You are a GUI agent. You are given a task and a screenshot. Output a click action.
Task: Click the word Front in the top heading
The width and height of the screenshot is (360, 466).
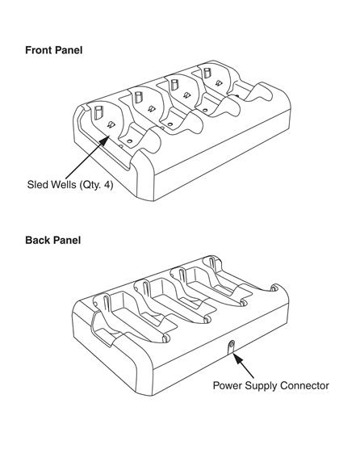tap(37, 50)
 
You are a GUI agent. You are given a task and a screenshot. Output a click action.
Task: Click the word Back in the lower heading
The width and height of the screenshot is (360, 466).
tap(36, 240)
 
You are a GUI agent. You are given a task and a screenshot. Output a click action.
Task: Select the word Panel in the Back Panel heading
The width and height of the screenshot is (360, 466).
tap(65, 240)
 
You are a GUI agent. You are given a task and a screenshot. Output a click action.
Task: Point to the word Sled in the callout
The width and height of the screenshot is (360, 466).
tap(37, 185)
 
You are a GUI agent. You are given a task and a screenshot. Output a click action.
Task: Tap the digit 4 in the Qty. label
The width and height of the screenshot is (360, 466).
tap(108, 185)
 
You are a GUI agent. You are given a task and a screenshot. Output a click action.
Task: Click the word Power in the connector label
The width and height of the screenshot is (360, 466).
tap(228, 386)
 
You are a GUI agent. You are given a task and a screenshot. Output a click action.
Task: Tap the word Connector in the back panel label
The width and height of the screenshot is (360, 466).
tap(304, 386)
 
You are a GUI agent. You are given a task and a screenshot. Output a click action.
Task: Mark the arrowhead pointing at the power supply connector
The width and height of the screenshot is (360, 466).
tap(237, 357)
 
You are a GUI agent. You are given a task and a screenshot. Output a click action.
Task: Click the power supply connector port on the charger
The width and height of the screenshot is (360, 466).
tap(232, 345)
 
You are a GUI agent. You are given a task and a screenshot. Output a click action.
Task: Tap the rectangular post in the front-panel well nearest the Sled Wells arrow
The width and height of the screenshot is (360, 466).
tap(98, 112)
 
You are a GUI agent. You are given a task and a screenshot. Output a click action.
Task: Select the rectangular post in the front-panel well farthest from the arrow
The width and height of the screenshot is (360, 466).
tap(207, 73)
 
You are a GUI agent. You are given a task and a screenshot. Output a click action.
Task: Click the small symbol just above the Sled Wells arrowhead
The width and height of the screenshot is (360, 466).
tap(111, 124)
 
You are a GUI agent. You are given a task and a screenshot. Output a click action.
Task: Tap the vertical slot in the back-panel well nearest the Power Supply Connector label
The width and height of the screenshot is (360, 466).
tap(211, 262)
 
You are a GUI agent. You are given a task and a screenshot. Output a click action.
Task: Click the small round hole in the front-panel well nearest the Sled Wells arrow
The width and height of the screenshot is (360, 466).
tap(129, 141)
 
